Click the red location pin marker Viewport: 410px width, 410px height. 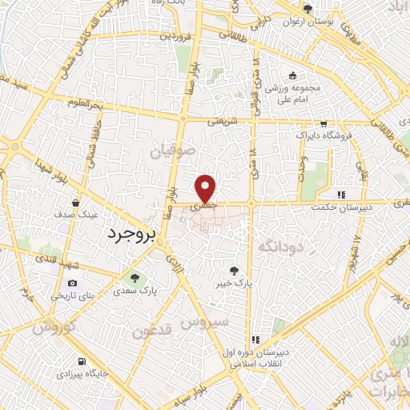(x=207, y=188)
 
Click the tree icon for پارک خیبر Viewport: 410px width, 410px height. (x=234, y=271)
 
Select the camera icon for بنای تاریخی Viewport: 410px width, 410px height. (x=73, y=283)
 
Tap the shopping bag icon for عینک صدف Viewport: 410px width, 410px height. (x=75, y=203)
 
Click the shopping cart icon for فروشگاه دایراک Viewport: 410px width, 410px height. (x=322, y=124)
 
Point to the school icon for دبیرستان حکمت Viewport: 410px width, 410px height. (x=341, y=194)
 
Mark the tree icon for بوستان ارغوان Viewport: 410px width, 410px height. (x=307, y=10)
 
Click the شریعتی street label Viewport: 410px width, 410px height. (x=223, y=123)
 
